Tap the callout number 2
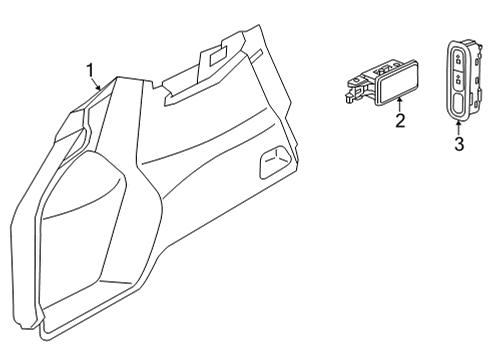coord(399,122)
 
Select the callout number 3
coord(459,145)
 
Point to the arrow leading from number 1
coord(98,84)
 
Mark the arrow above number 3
coord(459,125)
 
